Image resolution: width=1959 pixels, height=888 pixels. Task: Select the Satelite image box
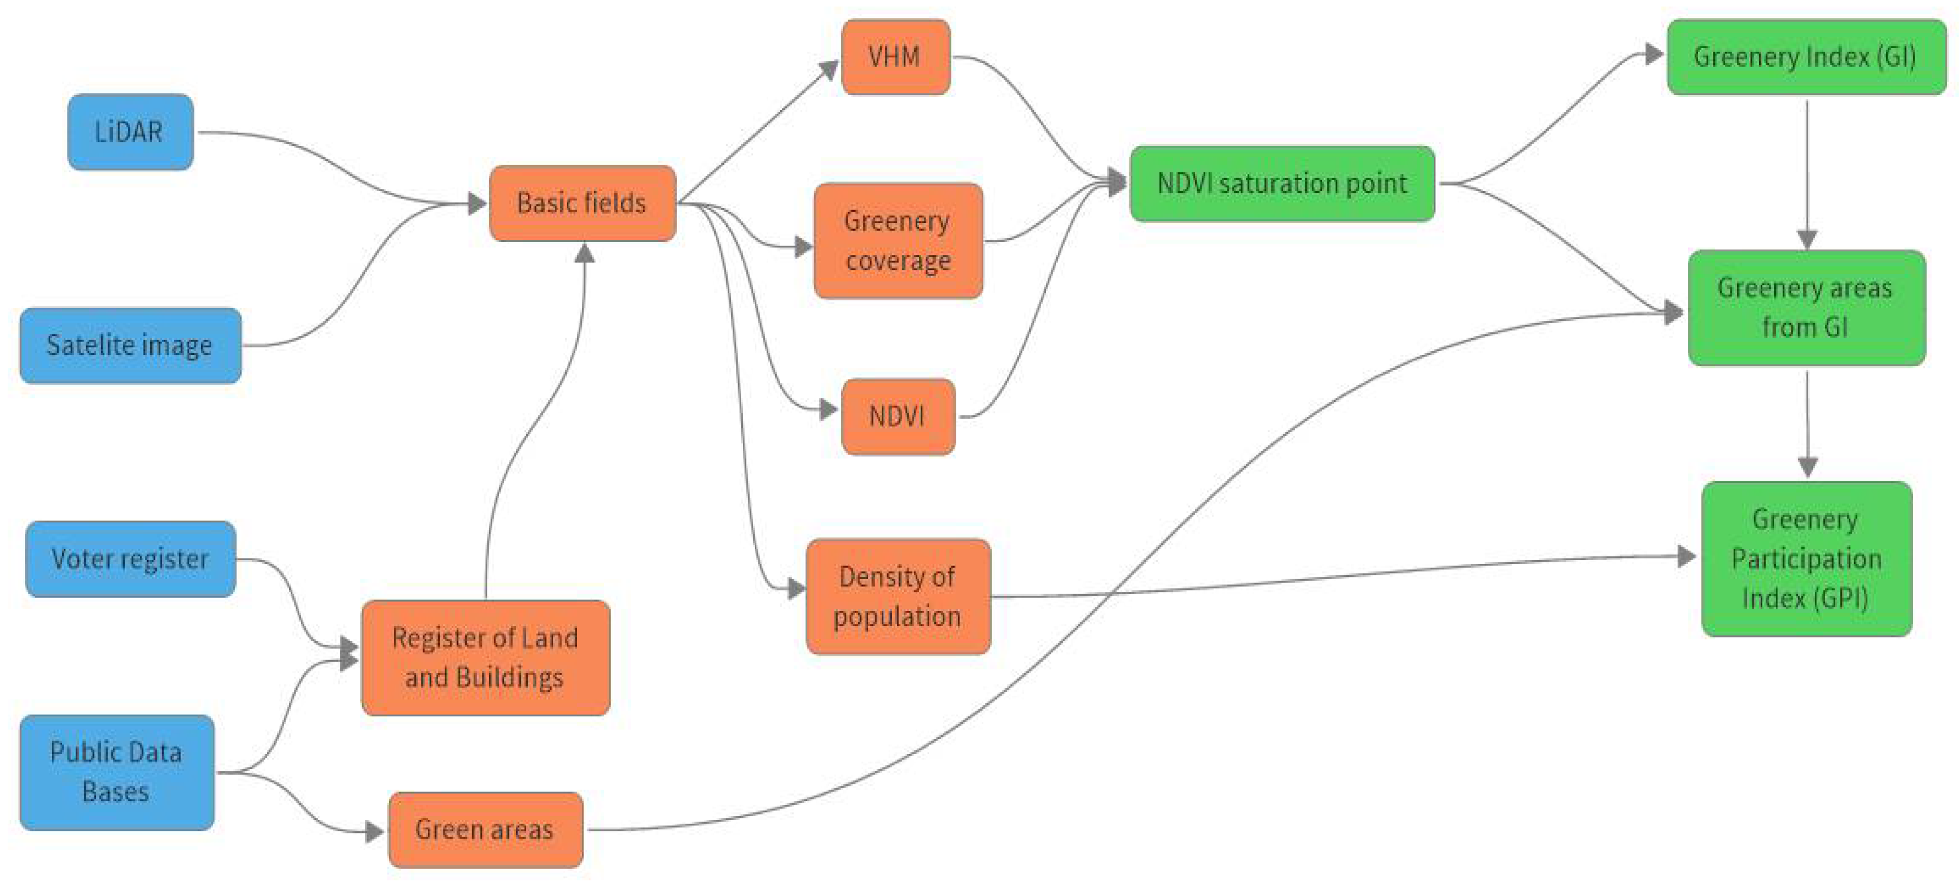click(130, 345)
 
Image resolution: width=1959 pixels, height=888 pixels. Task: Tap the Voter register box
click(130, 559)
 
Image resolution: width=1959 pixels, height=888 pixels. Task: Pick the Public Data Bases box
click(116, 772)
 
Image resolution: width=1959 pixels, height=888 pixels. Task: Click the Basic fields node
click(582, 203)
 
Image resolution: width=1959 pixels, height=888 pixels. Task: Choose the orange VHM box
click(896, 57)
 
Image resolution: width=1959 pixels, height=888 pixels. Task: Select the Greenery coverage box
click(898, 240)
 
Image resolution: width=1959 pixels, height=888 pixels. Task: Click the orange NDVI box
click(898, 416)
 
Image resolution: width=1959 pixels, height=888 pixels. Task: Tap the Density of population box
click(898, 596)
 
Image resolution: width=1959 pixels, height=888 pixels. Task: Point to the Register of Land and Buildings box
click(485, 658)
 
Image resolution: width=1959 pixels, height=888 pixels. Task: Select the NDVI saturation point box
click(1282, 183)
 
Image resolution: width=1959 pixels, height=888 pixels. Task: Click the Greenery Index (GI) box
click(1806, 57)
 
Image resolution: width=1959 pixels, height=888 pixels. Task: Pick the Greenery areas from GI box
click(1806, 307)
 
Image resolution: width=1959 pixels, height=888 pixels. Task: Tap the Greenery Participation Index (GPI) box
click(1806, 559)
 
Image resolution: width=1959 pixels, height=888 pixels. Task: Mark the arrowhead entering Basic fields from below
click(584, 253)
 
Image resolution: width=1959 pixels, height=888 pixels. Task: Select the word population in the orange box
click(897, 617)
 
